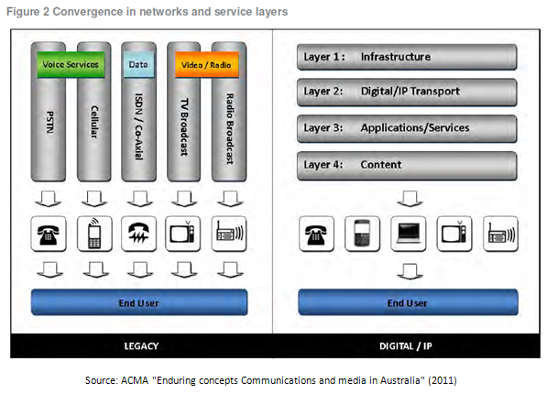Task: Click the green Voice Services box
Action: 71,64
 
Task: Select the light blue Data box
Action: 138,64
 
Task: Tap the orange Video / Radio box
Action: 206,65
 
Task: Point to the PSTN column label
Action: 49,122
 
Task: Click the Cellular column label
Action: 94,122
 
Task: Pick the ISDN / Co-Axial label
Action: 138,126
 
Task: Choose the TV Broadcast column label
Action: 184,127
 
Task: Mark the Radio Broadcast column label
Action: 230,129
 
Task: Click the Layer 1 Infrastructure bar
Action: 407,57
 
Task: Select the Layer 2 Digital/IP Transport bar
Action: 407,92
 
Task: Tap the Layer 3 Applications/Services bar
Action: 407,128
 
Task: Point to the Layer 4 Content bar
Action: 407,166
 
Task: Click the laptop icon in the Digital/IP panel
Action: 408,234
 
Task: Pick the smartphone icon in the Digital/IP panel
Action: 362,234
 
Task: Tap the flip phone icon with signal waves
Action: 94,234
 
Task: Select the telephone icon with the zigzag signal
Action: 138,234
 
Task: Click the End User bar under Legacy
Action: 139,302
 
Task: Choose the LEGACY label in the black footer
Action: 141,345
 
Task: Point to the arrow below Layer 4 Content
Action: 410,198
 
